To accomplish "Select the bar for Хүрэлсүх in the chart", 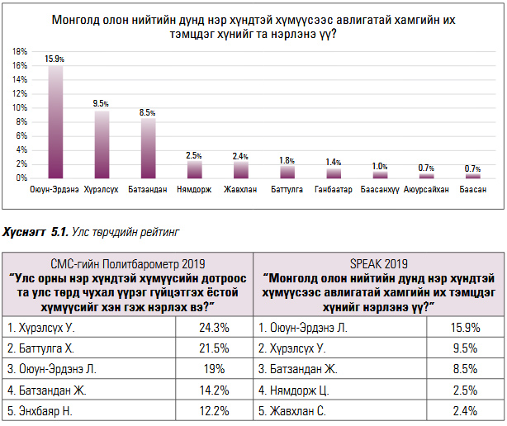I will (x=102, y=144).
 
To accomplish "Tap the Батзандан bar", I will (x=148, y=148).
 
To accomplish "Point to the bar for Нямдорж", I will (x=195, y=169).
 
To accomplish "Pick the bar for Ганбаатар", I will (x=334, y=173).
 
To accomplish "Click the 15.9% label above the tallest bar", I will (x=55, y=59).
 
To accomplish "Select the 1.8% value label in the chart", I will (x=287, y=159).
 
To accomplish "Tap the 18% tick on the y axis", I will (x=17, y=51).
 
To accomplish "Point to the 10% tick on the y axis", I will (x=17, y=107).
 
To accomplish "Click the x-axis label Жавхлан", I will (x=240, y=189).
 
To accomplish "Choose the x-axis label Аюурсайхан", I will (x=427, y=189).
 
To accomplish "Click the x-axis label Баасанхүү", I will (x=380, y=189).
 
